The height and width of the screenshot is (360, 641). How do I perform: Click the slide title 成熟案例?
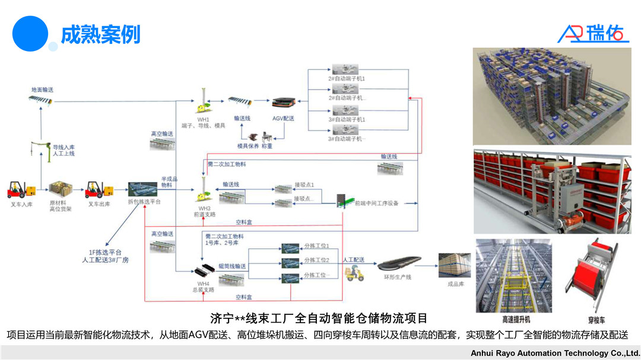point(100,34)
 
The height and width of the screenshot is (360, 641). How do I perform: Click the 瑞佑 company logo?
point(593,33)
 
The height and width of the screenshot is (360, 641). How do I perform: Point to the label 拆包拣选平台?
point(144,202)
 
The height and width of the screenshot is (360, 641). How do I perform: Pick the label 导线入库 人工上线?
point(65,150)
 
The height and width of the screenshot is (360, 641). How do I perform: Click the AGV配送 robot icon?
point(283,103)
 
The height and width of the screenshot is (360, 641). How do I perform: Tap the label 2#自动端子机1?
point(347,78)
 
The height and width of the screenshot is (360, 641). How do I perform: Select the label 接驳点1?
point(304,185)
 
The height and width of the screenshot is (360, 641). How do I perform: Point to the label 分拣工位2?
point(316,260)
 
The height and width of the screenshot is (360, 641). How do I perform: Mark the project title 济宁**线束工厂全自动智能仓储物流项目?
point(319,318)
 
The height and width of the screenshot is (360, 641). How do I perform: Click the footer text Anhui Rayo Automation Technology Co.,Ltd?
point(555,353)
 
